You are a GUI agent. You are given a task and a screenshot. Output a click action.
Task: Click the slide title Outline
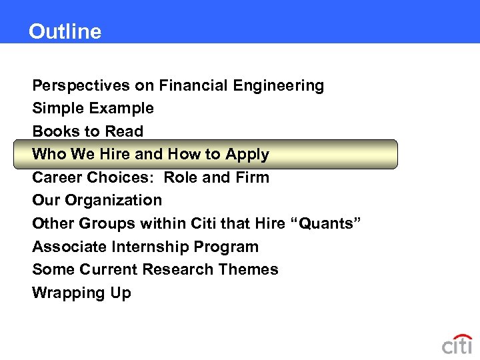(65, 32)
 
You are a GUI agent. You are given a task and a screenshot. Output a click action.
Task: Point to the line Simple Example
(93, 108)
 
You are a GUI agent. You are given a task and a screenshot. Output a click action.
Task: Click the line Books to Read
(87, 131)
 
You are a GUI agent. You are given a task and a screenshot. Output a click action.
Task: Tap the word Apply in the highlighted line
(247, 155)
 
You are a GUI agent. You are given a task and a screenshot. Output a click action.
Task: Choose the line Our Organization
(97, 200)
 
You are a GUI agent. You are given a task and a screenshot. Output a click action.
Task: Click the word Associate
(69, 247)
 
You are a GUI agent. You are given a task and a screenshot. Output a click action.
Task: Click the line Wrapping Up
(81, 293)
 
